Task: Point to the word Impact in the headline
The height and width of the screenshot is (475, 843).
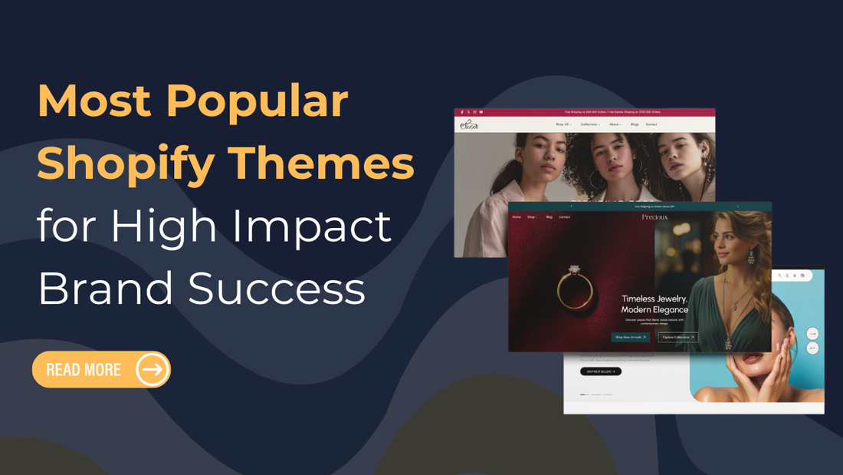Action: pos(306,226)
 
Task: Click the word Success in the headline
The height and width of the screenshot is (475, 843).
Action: pos(277,289)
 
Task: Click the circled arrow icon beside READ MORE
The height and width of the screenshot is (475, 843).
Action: pos(153,370)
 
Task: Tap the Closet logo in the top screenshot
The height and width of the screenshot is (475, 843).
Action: pos(469,124)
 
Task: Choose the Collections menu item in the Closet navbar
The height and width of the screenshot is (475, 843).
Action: pos(590,124)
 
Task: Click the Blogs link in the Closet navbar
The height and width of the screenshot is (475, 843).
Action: pos(635,124)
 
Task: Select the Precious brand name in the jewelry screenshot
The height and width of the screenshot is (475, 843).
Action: pos(654,217)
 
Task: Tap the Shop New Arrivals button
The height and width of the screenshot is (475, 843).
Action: pos(630,337)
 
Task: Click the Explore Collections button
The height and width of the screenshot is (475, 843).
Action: pos(677,337)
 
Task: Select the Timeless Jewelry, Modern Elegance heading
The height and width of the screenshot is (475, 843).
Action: pos(654,304)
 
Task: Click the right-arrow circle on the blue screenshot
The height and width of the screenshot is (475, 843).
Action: pos(812,333)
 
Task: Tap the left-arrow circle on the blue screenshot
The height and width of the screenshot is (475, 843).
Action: pos(812,348)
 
